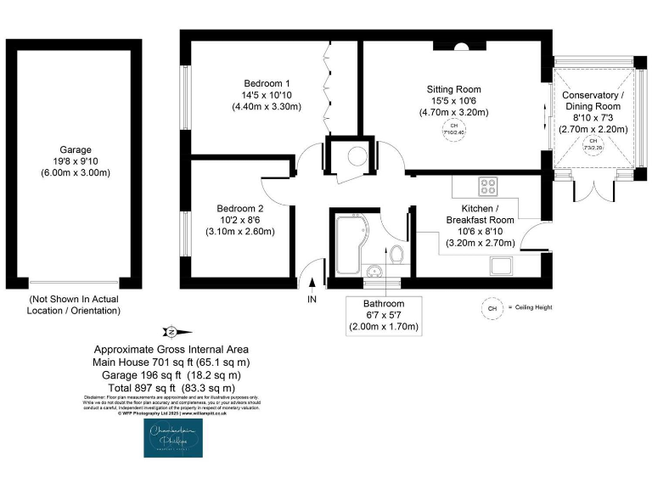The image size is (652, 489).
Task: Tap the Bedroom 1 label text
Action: [266, 83]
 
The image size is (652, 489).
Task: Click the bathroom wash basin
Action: [374, 272]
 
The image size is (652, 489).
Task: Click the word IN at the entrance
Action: [312, 299]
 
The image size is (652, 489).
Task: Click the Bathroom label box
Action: [384, 315]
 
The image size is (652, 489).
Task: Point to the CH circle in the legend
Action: [490, 307]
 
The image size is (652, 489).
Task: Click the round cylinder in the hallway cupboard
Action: [357, 155]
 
